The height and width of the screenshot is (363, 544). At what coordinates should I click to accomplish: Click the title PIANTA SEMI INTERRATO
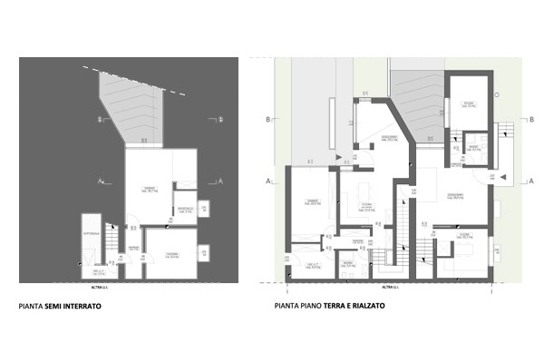pos(60,308)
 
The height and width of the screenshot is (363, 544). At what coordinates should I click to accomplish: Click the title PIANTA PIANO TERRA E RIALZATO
pos(329,307)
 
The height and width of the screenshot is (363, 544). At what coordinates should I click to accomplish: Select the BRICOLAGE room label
pos(185,211)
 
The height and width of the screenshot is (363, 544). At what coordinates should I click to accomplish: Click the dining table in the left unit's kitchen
pos(365,191)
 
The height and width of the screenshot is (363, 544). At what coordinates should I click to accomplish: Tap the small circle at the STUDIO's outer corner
pos(496,94)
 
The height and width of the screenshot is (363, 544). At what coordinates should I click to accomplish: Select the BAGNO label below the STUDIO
pos(473,149)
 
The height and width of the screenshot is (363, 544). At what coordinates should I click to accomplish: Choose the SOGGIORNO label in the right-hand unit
pos(454,196)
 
